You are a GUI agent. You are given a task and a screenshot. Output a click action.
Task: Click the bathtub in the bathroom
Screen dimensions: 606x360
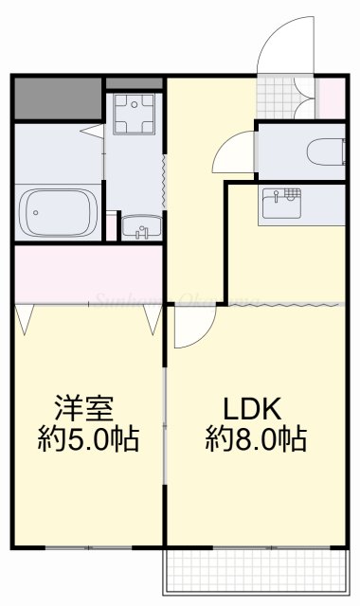60,212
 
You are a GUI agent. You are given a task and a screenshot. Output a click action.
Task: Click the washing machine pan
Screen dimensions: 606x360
133,117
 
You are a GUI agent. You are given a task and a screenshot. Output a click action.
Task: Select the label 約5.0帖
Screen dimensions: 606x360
88,439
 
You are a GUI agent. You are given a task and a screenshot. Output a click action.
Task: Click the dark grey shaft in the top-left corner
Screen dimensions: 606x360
57,98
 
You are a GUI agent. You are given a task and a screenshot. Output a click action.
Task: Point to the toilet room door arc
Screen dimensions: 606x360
233,151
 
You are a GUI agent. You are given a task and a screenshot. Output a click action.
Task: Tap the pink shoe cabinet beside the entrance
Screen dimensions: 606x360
331,98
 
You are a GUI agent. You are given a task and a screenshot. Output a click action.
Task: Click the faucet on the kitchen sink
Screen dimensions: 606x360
278,197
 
